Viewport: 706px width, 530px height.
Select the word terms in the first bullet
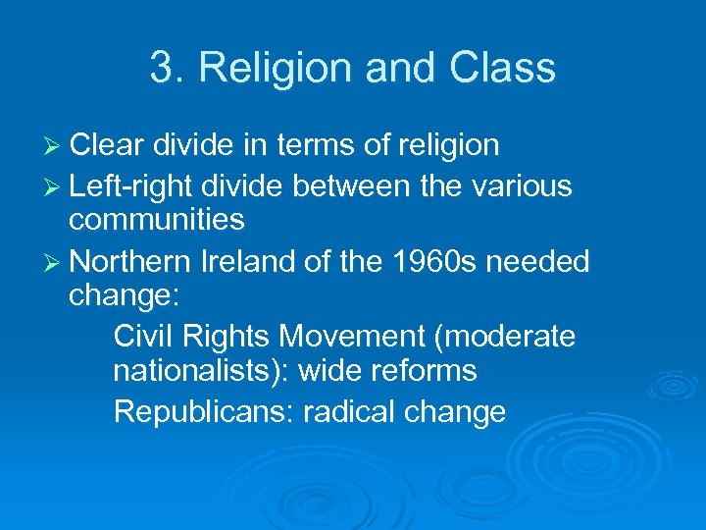coord(308,146)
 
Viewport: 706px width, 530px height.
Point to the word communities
coord(157,220)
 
